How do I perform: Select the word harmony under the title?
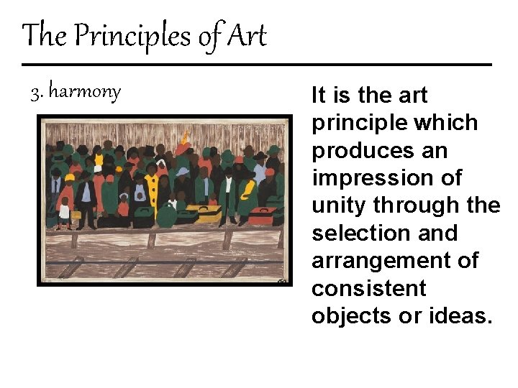(85, 93)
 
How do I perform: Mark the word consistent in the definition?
(368, 288)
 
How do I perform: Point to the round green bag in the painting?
(167, 214)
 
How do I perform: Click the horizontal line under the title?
(257, 65)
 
